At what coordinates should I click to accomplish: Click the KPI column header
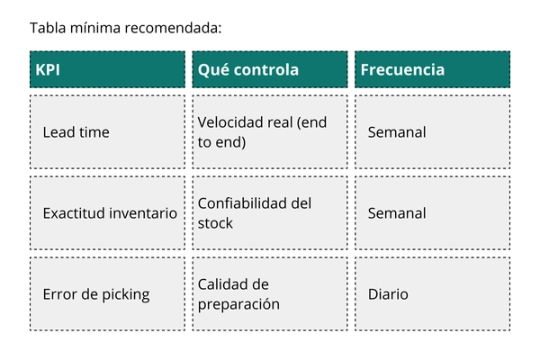point(107,69)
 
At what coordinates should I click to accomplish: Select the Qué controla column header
point(270,69)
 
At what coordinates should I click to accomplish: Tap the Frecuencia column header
point(433,69)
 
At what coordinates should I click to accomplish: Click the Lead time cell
point(107,132)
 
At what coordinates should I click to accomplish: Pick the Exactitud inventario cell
point(107,213)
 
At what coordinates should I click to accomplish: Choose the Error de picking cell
point(107,294)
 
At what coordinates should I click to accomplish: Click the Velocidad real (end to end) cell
point(270,132)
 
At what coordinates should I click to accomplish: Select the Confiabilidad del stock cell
point(270,213)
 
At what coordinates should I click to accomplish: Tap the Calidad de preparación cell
point(270,294)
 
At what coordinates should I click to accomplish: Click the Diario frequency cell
point(433,294)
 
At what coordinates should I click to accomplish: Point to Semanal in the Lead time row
point(397,132)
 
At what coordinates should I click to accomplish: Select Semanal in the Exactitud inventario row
point(397,213)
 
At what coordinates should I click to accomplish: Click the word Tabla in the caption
point(48,28)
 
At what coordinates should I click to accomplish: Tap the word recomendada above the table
point(173,28)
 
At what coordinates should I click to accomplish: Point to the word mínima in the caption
point(95,28)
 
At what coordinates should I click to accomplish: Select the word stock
point(215,223)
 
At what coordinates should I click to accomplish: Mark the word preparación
point(238,304)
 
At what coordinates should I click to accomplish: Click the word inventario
point(144,213)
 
